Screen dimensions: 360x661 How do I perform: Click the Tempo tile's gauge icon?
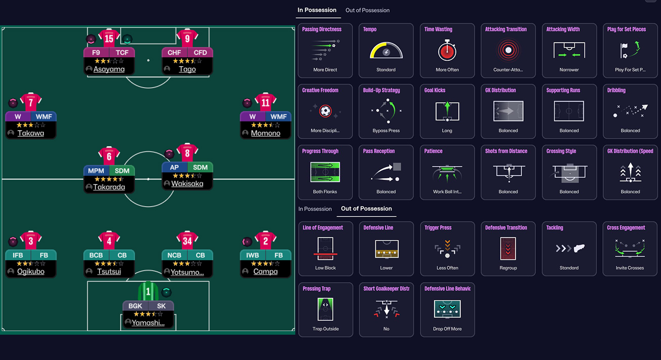386,51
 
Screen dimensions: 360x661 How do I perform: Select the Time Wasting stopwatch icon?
447,51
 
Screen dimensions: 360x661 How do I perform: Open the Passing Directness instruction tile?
325,51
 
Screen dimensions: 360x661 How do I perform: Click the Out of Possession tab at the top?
367,10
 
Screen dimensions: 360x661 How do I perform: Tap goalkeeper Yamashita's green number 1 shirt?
148,292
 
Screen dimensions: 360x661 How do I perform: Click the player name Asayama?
109,69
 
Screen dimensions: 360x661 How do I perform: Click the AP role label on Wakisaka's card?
174,167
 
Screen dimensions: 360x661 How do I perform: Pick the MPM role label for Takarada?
96,171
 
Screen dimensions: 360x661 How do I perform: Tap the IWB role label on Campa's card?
252,255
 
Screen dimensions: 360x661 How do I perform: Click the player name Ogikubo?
30,271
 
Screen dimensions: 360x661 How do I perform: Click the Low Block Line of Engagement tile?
325,249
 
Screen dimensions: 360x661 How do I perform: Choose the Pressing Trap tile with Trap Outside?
325,309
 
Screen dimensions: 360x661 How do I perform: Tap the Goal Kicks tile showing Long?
447,111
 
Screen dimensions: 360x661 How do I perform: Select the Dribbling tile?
630,111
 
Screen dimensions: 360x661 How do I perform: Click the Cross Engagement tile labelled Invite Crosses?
630,249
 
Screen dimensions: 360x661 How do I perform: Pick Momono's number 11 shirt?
265,102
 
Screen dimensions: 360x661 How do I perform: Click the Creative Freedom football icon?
325,111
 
